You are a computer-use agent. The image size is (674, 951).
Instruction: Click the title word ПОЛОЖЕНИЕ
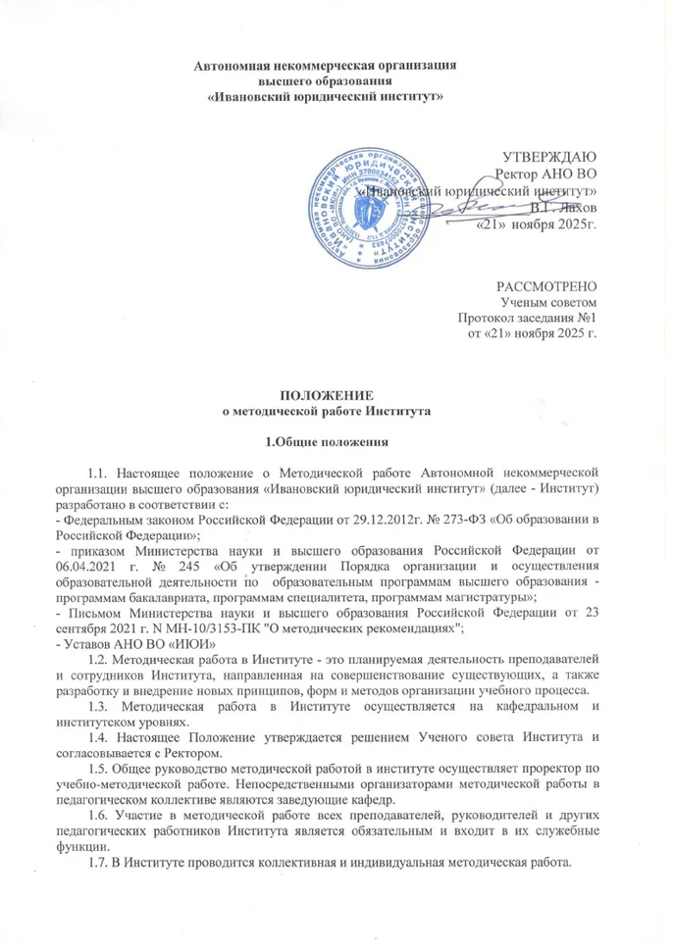click(337, 396)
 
